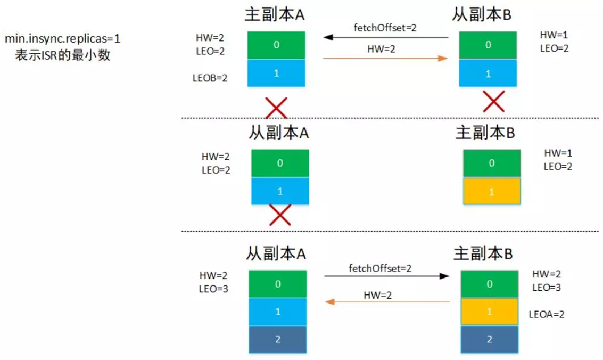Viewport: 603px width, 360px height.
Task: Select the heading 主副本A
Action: [x=274, y=15]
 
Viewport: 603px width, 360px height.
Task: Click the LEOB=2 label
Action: [x=210, y=78]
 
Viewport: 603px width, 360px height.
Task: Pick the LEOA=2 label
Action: [x=547, y=314]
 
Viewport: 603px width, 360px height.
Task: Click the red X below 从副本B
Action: [x=493, y=101]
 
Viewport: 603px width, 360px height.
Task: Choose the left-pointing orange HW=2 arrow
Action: [x=388, y=302]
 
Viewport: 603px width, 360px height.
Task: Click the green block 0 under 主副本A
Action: [x=276, y=45]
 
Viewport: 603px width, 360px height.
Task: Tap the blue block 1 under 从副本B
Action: [x=488, y=73]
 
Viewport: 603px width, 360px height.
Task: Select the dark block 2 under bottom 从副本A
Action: [x=278, y=339]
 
